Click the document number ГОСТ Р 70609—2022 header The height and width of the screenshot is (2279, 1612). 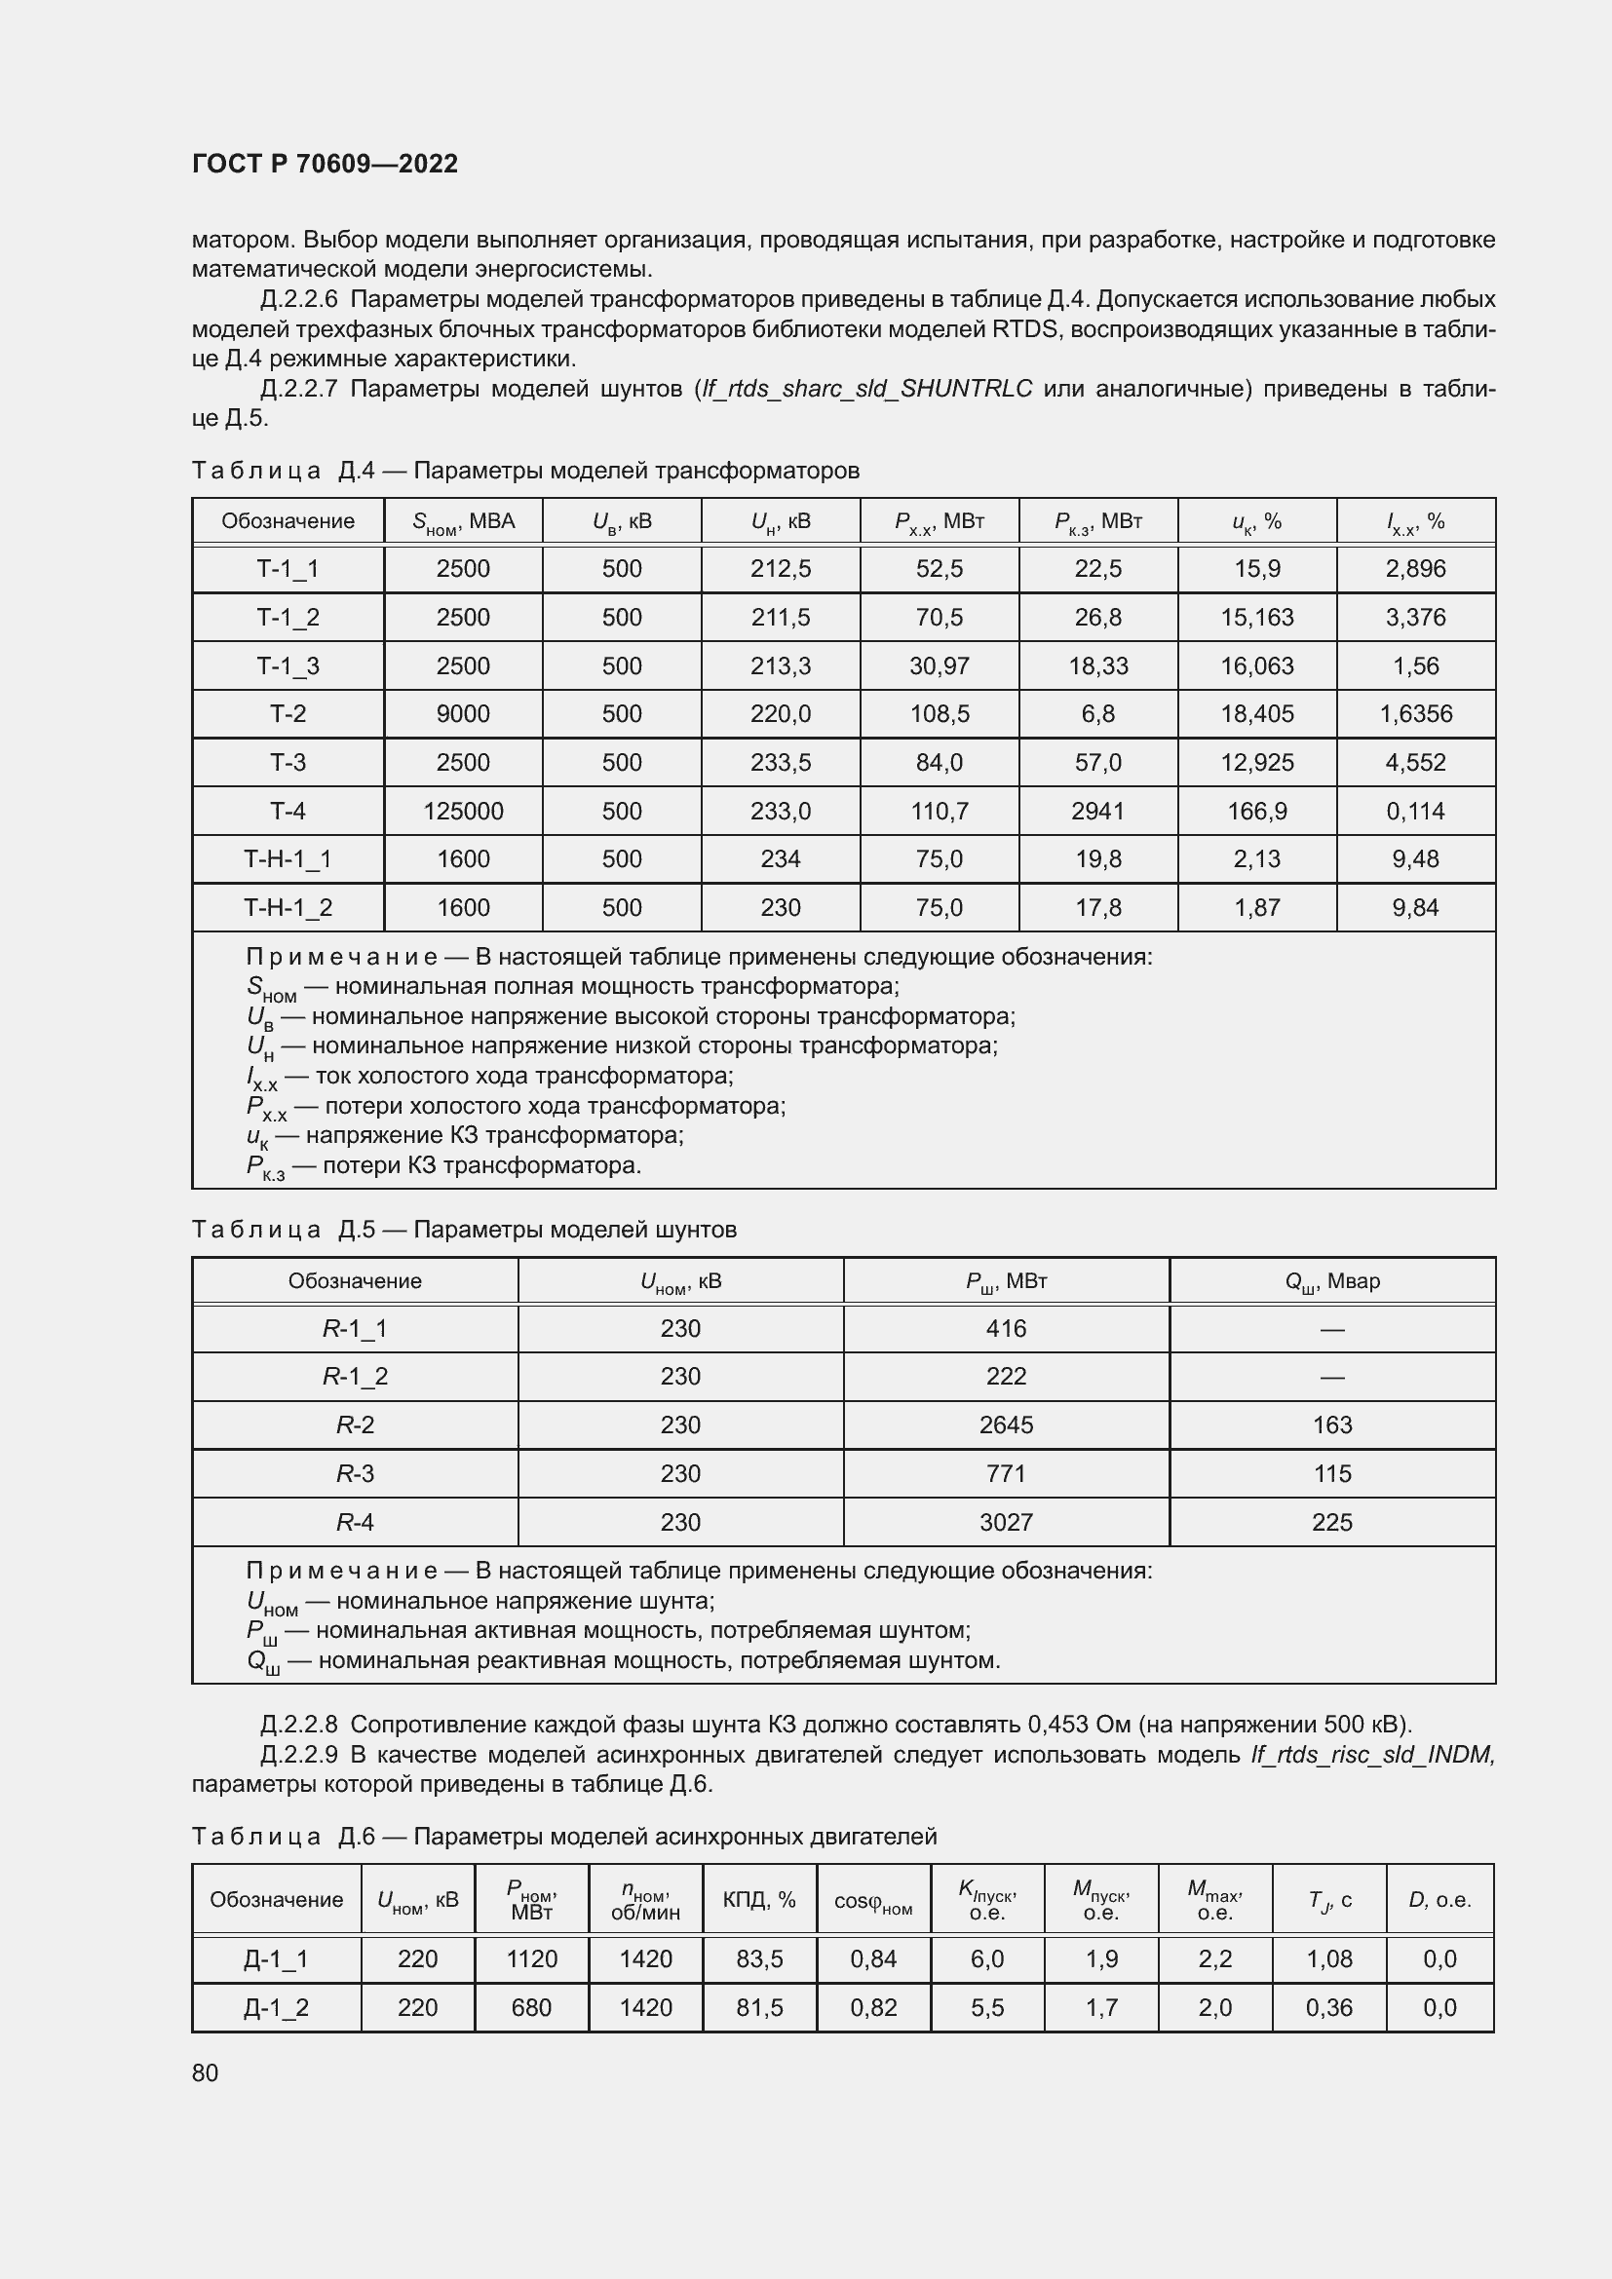(325, 164)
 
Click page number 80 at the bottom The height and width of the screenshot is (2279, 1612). (205, 2072)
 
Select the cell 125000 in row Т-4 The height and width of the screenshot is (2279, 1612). (463, 811)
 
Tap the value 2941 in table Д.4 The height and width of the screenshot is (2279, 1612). (1096, 811)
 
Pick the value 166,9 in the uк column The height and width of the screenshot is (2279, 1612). (1256, 811)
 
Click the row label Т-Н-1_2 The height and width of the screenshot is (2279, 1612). (288, 907)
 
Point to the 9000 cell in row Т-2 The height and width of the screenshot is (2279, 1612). (463, 713)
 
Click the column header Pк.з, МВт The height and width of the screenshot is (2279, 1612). (1096, 521)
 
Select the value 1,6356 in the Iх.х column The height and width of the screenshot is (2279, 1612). (1415, 713)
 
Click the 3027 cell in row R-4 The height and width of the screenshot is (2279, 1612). (1006, 1522)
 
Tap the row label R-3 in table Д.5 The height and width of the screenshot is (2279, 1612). (355, 1473)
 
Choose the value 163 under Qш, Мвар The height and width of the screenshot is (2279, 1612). (1331, 1424)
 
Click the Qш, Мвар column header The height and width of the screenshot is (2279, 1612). (1331, 1281)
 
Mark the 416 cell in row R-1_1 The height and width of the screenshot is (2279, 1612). (1006, 1328)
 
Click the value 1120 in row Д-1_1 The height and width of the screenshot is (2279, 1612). (531, 1958)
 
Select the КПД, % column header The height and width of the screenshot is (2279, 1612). (758, 1899)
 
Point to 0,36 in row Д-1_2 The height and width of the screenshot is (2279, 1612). (1328, 2007)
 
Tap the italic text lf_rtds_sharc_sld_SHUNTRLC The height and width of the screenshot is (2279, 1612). (866, 388)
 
